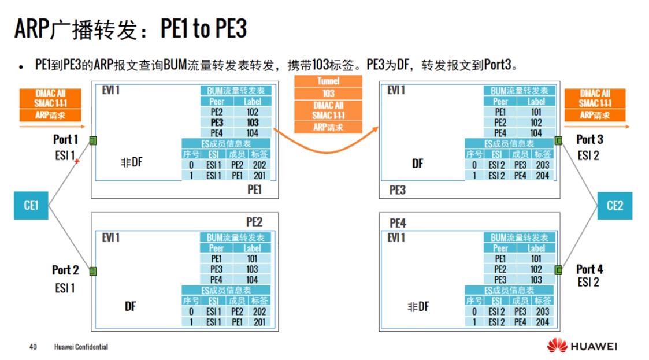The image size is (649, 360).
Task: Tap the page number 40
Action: (34, 347)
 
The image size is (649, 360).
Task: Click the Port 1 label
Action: (65, 139)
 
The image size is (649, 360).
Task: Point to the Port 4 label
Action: (589, 269)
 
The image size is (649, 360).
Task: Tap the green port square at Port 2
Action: (92, 270)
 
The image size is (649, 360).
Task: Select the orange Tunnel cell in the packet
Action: (328, 81)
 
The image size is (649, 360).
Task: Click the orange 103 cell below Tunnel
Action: (328, 93)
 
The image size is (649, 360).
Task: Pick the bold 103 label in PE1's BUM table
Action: (253, 123)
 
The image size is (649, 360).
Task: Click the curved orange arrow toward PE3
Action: (324, 147)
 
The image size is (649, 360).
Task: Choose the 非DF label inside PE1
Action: (131, 163)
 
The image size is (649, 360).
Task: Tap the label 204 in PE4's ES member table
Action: (542, 322)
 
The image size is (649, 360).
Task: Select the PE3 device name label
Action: (398, 189)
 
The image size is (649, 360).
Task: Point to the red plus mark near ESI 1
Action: (77, 162)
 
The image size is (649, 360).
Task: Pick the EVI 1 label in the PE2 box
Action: (111, 237)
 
